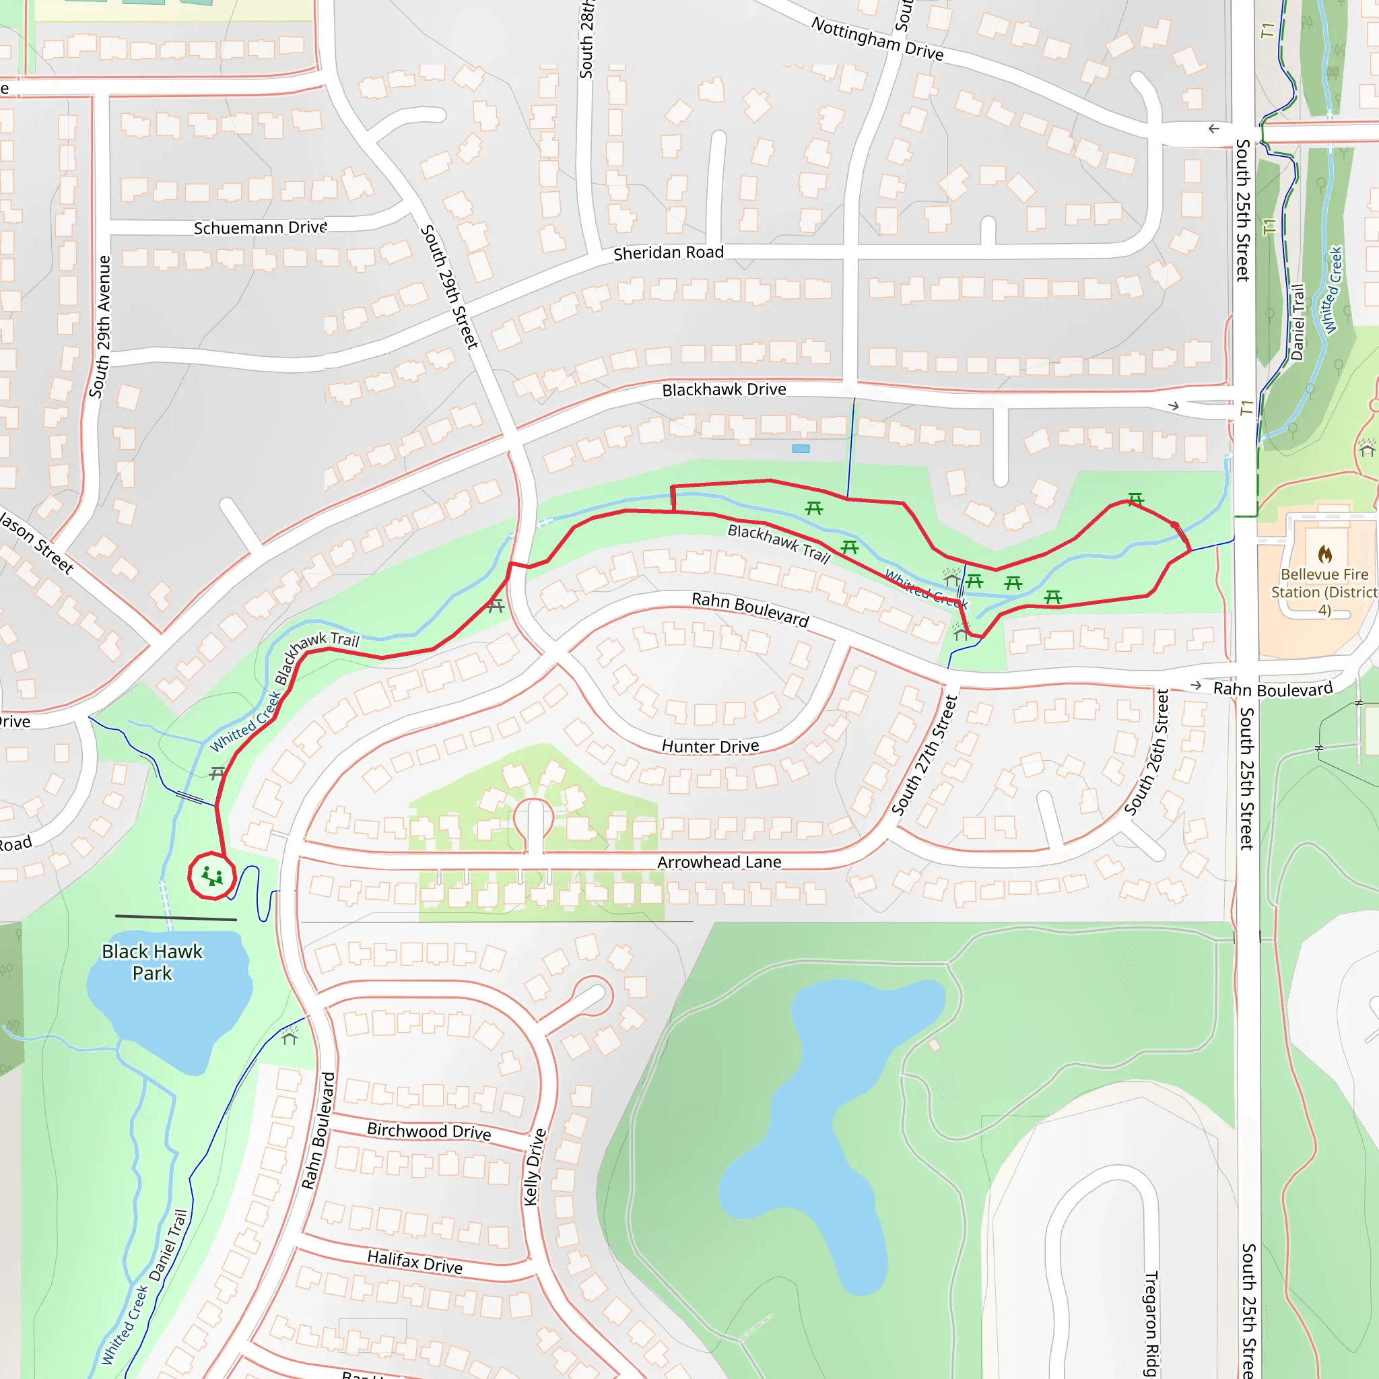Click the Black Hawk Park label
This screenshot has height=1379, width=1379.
coord(152,962)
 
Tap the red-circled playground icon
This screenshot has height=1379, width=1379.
coord(212,876)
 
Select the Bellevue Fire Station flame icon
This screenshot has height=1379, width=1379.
coord(1324,554)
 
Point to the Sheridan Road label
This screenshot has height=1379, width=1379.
coord(668,253)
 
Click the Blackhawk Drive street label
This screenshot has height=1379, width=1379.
coord(724,390)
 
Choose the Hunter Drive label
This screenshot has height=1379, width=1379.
coord(710,747)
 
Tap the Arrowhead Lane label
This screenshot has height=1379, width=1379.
coord(718,863)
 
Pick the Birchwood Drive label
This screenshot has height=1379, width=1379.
coord(429,1131)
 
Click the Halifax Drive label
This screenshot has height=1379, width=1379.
coord(415,1262)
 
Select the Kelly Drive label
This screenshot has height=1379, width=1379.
coord(535,1167)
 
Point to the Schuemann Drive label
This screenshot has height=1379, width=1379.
coord(261,228)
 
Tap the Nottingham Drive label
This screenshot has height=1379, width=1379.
coord(877,39)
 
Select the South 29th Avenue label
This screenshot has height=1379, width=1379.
coord(100,327)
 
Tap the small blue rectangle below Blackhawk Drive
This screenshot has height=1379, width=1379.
coord(801,448)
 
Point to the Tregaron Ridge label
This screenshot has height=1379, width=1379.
coord(1151,1324)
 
